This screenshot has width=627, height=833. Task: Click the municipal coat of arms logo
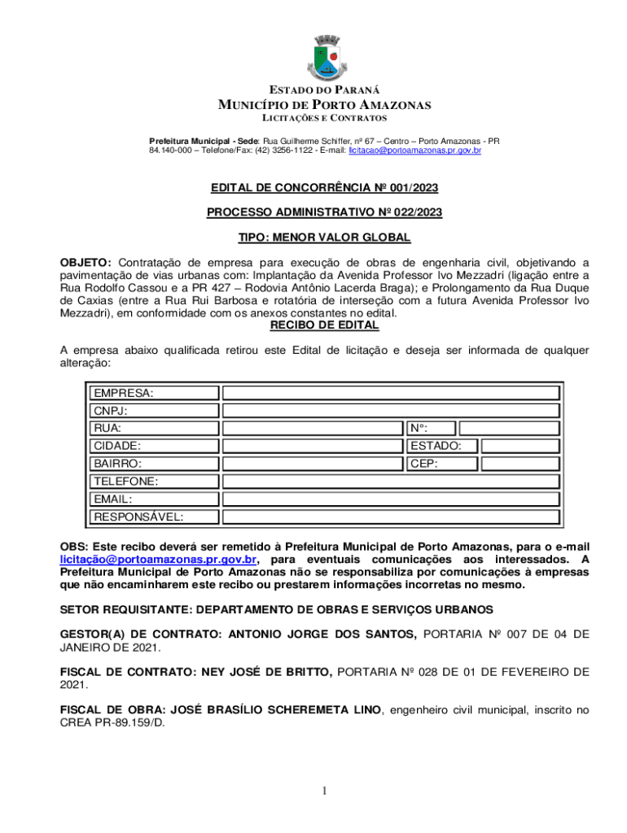324,59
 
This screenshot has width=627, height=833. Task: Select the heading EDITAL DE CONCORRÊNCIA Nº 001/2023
324,188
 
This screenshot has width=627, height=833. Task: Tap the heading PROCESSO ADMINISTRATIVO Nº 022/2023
324,213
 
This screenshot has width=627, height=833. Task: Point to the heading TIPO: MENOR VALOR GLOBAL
324,238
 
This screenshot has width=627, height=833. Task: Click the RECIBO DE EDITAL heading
324,325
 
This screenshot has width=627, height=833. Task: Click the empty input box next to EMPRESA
391,393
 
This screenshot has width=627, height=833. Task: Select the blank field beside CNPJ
391,411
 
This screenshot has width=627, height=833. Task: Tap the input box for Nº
509,428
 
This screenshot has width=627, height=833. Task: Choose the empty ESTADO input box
520,446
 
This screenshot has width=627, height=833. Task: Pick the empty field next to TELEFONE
391,482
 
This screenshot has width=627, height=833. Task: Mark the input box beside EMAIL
391,499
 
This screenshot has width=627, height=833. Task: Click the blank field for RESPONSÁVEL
391,517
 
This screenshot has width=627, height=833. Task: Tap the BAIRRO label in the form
117,464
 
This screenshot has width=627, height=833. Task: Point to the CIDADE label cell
117,446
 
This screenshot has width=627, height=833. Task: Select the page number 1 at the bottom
323,791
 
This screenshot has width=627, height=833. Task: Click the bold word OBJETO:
86,263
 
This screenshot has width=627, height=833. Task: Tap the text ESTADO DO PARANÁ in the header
323,89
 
